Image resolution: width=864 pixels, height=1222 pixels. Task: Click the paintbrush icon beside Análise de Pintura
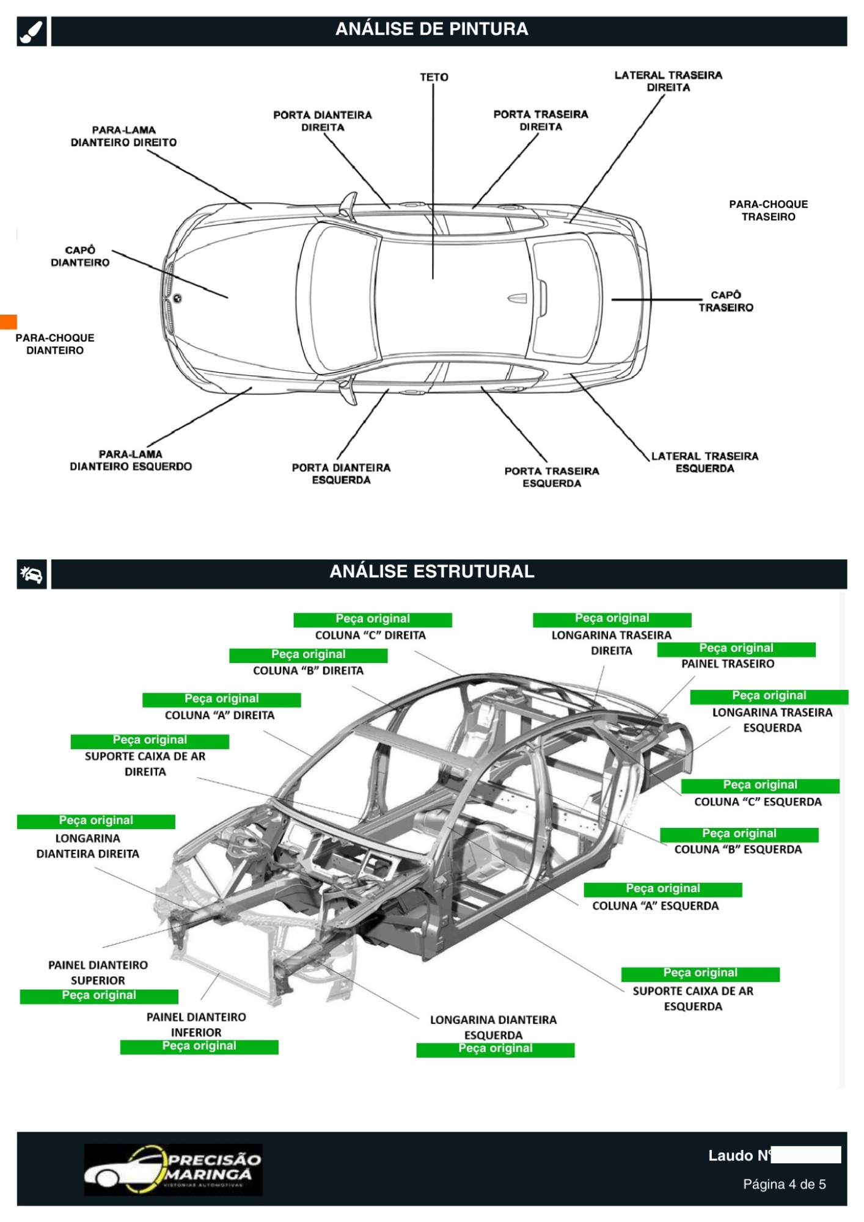point(32,31)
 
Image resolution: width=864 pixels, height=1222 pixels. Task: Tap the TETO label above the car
point(434,77)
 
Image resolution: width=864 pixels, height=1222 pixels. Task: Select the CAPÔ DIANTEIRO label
point(80,256)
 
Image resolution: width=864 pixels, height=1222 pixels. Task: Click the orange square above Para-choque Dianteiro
point(9,321)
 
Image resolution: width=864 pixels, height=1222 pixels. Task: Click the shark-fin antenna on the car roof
point(517,298)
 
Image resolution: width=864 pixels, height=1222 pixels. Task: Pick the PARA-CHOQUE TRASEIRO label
point(768,210)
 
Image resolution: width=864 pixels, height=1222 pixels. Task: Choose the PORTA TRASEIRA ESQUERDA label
point(552,477)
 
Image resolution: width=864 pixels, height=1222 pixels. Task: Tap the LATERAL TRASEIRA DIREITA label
point(668,81)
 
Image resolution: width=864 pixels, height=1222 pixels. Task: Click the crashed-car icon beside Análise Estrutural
point(32,574)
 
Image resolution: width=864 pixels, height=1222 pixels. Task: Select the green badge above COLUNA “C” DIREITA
point(373,619)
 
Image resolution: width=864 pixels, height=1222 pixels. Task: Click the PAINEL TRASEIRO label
point(728,664)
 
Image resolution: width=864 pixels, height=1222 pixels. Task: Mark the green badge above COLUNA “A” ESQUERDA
point(663,889)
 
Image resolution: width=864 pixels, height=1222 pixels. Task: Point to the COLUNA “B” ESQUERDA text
point(738,849)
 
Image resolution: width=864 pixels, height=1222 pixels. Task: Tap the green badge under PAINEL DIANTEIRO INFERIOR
point(199,1047)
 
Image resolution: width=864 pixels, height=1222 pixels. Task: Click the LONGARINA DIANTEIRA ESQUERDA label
point(493,1027)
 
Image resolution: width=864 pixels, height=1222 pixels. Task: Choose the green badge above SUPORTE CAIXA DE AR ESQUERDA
point(700,973)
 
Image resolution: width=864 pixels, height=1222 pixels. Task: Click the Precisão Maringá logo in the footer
point(173,1169)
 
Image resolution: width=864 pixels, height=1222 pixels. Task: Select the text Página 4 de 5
point(784,1184)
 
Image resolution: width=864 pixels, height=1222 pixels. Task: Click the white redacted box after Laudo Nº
point(806,1155)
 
